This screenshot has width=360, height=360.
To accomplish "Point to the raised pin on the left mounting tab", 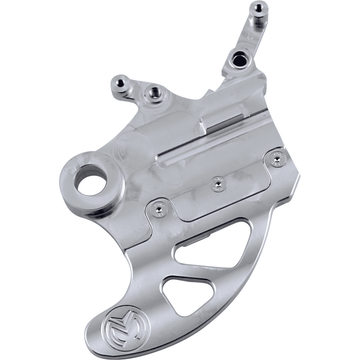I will [122, 83].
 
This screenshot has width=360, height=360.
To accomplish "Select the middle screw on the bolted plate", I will [218, 184].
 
